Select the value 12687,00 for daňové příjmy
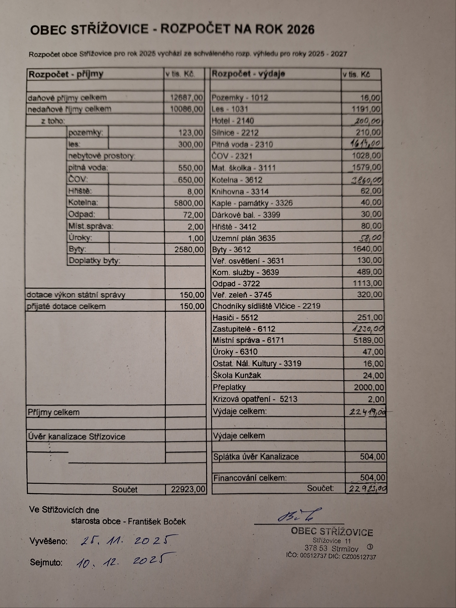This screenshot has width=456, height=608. coord(186,98)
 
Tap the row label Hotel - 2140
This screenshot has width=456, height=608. coord(232,121)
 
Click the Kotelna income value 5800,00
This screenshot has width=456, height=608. coord(189,203)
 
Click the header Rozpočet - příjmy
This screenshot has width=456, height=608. coord(66,74)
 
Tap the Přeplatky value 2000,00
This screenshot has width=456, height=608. coord(369,388)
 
